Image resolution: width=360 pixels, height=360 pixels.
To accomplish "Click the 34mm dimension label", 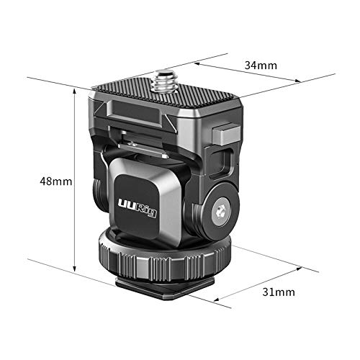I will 261,66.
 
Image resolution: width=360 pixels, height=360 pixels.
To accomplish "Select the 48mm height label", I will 55,181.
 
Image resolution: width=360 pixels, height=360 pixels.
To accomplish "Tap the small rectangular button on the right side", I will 227,133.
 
